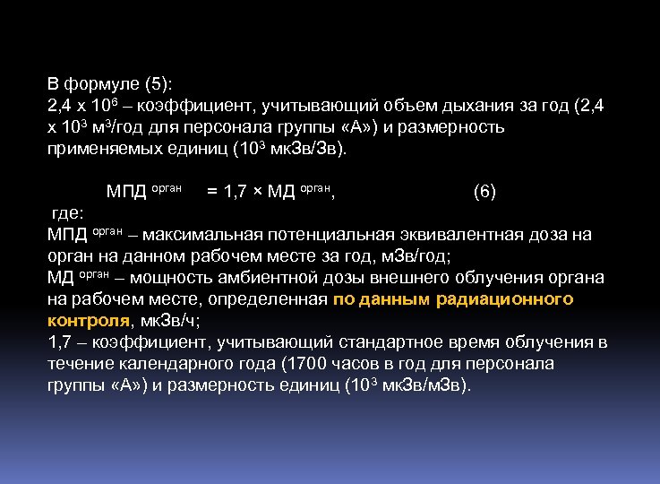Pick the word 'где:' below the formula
coord(67,213)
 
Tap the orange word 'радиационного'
coord(505,299)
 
